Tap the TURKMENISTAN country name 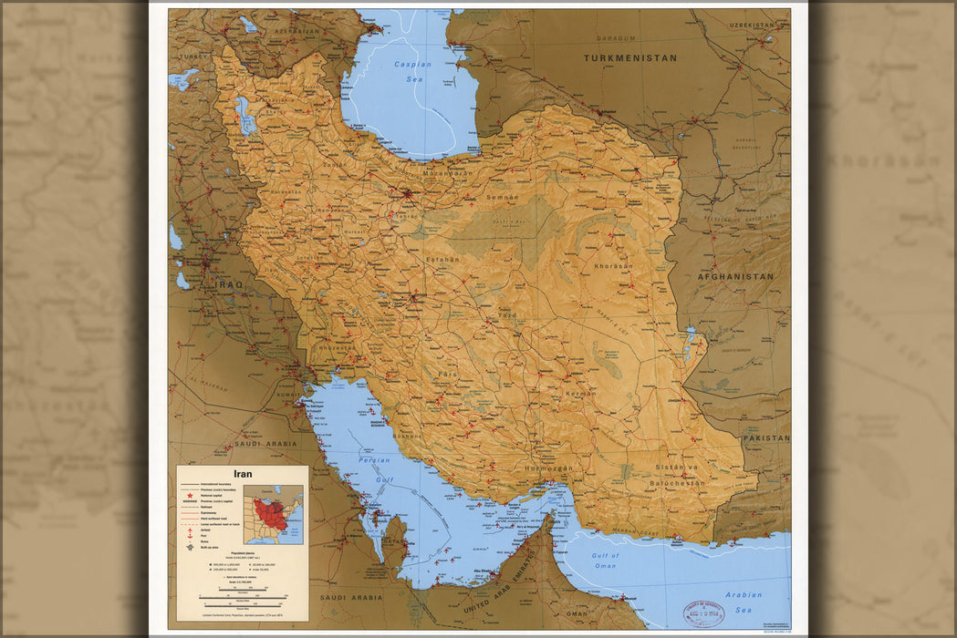click(630, 57)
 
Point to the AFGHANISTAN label click(735, 276)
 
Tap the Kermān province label click(580, 393)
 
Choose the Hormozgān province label click(548, 468)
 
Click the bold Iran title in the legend click(242, 474)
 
